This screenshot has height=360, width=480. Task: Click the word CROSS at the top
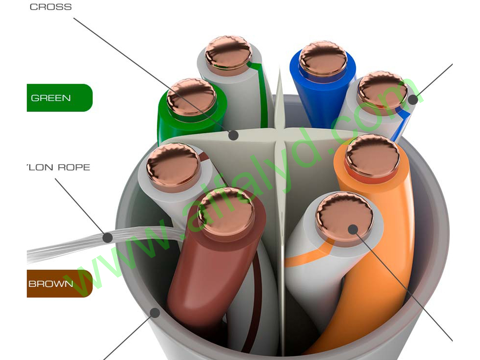(x=50, y=7)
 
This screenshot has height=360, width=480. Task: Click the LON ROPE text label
(x=59, y=167)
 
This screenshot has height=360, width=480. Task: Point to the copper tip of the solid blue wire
(x=323, y=58)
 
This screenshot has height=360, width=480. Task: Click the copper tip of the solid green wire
(x=191, y=96)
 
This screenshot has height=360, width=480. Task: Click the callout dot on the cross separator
(x=233, y=135)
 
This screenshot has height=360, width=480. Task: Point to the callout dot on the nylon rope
(x=107, y=238)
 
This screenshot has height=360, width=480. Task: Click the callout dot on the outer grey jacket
(x=155, y=313)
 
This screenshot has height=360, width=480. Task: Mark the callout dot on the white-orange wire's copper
(x=353, y=230)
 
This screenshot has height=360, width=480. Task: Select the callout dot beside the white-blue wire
(x=413, y=100)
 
